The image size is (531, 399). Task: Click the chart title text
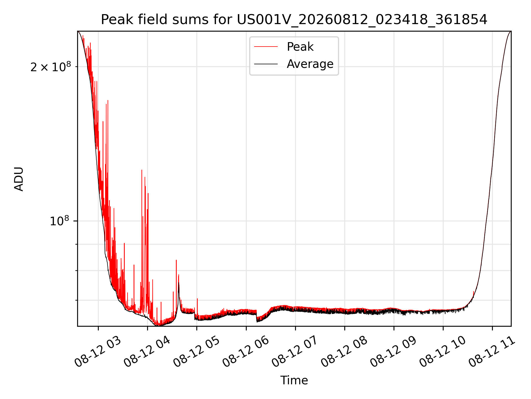tap(294, 20)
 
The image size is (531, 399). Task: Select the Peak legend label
tap(300, 47)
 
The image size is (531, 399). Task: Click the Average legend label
tap(310, 64)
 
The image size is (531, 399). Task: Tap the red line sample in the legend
tap(266, 47)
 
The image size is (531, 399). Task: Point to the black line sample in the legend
tap(266, 64)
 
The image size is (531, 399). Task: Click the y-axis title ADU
tap(19, 179)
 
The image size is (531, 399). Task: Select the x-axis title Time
tap(294, 380)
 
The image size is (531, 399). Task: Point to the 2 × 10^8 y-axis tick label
tap(51, 66)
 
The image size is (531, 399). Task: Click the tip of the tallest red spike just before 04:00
tap(142, 170)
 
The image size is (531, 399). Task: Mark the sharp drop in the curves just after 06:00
tap(257, 316)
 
